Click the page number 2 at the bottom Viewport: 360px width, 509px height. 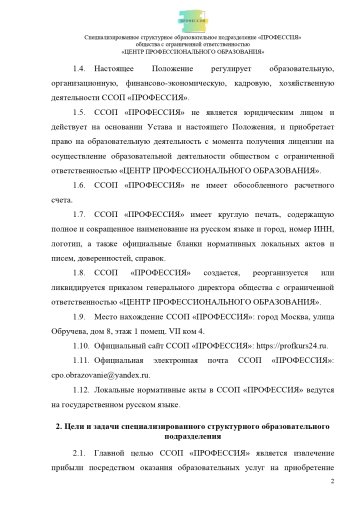tap(330, 481)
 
